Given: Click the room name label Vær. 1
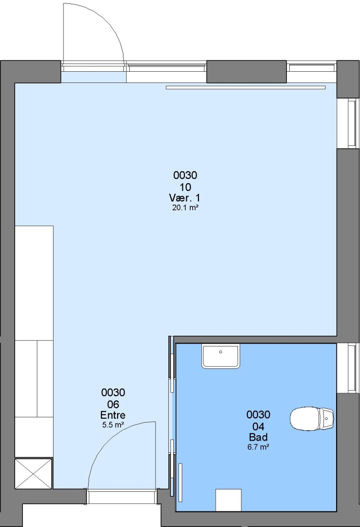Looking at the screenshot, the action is [184, 198].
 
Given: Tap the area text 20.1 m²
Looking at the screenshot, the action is [185, 208].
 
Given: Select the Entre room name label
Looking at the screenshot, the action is [113, 415].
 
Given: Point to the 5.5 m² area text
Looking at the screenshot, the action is [113, 425].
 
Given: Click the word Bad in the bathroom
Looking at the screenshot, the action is [258, 437].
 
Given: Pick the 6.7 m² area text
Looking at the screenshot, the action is [258, 447].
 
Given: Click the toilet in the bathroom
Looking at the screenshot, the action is [312, 419].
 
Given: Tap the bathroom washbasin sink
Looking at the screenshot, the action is [221, 356].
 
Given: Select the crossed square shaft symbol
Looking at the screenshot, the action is [34, 473].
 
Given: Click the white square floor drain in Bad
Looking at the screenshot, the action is [229, 500].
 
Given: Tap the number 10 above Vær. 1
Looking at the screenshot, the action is [185, 187].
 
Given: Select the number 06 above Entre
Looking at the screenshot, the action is [113, 404].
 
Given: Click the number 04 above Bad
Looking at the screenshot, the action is [258, 426].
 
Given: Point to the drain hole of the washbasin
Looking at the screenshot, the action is [221, 352].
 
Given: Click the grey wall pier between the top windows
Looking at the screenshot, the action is [246, 72].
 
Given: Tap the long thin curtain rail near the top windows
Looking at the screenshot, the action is [246, 88].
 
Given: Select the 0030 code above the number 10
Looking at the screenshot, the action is [185, 175].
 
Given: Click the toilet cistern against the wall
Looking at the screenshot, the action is [327, 419].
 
